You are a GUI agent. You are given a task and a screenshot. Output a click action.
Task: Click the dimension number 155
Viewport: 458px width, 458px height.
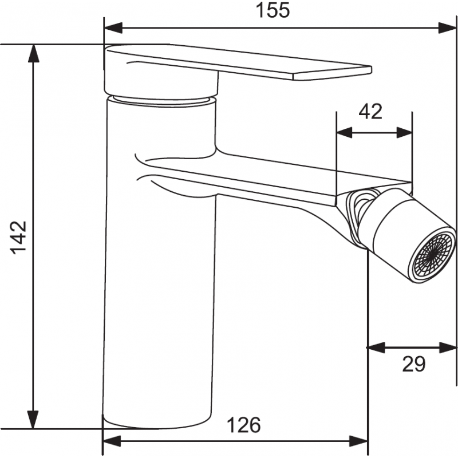pos(273,11)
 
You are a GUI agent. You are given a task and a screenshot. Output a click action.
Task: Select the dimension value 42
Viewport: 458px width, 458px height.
pos(370,111)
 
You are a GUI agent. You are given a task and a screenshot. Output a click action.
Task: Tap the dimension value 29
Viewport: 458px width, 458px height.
pos(414,365)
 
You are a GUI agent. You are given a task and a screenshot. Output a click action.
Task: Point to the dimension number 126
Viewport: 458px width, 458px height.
pos(244,425)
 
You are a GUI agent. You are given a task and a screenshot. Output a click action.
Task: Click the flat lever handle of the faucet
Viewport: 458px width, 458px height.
pos(240,64)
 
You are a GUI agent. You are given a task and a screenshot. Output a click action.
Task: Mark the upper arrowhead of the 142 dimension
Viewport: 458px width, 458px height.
pos(34,53)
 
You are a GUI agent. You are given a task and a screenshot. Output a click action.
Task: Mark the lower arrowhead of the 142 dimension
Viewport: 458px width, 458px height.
pos(34,420)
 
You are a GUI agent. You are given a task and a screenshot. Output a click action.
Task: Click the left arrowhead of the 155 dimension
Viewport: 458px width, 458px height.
pos(112,27)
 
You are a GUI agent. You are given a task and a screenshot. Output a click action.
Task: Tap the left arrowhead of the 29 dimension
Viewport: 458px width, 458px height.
pos(375,347)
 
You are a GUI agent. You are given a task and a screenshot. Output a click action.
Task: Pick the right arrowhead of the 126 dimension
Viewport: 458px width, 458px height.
pos(360,441)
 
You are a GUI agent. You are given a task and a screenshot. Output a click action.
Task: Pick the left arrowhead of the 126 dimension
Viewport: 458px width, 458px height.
pos(111,441)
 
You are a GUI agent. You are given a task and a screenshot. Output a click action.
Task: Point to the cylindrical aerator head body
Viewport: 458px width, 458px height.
pos(395,226)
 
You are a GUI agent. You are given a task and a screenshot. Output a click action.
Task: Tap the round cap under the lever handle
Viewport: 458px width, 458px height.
pos(161,83)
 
